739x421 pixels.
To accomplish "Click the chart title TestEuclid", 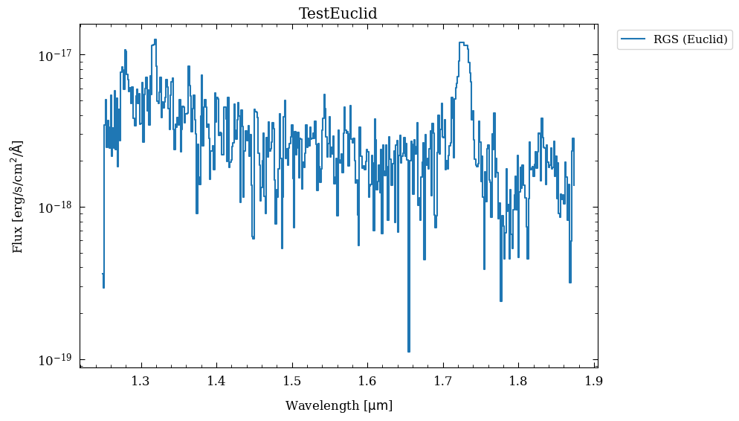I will click(338, 14).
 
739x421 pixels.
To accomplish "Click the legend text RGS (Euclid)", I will click(690, 39).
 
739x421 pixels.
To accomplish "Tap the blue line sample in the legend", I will click(634, 39).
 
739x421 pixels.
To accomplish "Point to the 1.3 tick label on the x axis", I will click(141, 382).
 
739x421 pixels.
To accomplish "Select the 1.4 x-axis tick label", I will click(216, 382).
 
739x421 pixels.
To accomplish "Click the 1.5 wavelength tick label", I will click(292, 382).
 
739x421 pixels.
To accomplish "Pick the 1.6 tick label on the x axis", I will click(367, 382).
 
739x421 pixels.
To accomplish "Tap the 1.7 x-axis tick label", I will click(443, 382).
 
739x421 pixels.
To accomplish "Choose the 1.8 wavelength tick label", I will click(518, 382).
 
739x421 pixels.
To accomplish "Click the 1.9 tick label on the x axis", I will click(593, 382).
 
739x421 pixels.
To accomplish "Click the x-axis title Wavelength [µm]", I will click(338, 405).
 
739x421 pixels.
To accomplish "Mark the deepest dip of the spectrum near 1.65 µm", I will click(409, 350).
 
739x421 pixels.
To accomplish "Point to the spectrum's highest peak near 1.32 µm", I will click(155, 40).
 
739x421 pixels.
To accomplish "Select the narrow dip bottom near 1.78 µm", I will click(501, 300).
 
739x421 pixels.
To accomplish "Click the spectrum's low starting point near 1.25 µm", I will click(103, 286).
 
